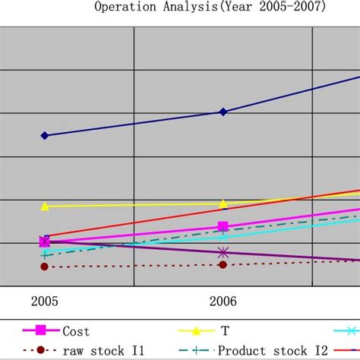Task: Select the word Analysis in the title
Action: (188, 8)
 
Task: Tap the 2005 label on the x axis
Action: (44, 302)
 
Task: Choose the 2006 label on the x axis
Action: (223, 302)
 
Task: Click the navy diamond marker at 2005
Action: (44, 135)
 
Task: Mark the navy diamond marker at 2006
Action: (223, 112)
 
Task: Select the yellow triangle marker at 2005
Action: (44, 206)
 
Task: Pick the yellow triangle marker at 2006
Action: (223, 204)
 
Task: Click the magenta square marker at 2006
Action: (223, 226)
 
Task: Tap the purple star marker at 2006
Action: (223, 252)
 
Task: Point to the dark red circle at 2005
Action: (44, 267)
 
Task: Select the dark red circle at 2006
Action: (223, 264)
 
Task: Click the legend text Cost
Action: (76, 332)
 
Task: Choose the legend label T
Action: (225, 332)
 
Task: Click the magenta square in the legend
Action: (42, 330)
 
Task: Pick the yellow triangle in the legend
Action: (196, 331)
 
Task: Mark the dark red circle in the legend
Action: (42, 350)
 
